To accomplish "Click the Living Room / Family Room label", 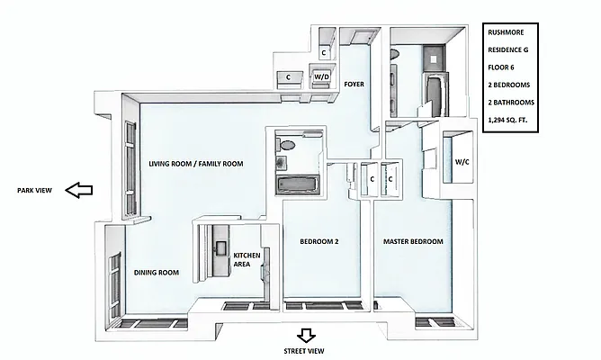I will (x=197, y=164).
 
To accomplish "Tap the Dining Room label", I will (x=157, y=272).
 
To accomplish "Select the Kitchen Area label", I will (x=247, y=260).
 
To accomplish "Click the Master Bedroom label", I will (x=413, y=241).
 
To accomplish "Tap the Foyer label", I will (x=353, y=84).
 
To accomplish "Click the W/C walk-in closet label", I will (x=462, y=162).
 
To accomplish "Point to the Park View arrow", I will (x=80, y=190).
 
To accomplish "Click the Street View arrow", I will (x=306, y=336).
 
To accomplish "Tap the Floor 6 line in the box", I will (x=500, y=67).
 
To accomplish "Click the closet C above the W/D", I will (x=324, y=53).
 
